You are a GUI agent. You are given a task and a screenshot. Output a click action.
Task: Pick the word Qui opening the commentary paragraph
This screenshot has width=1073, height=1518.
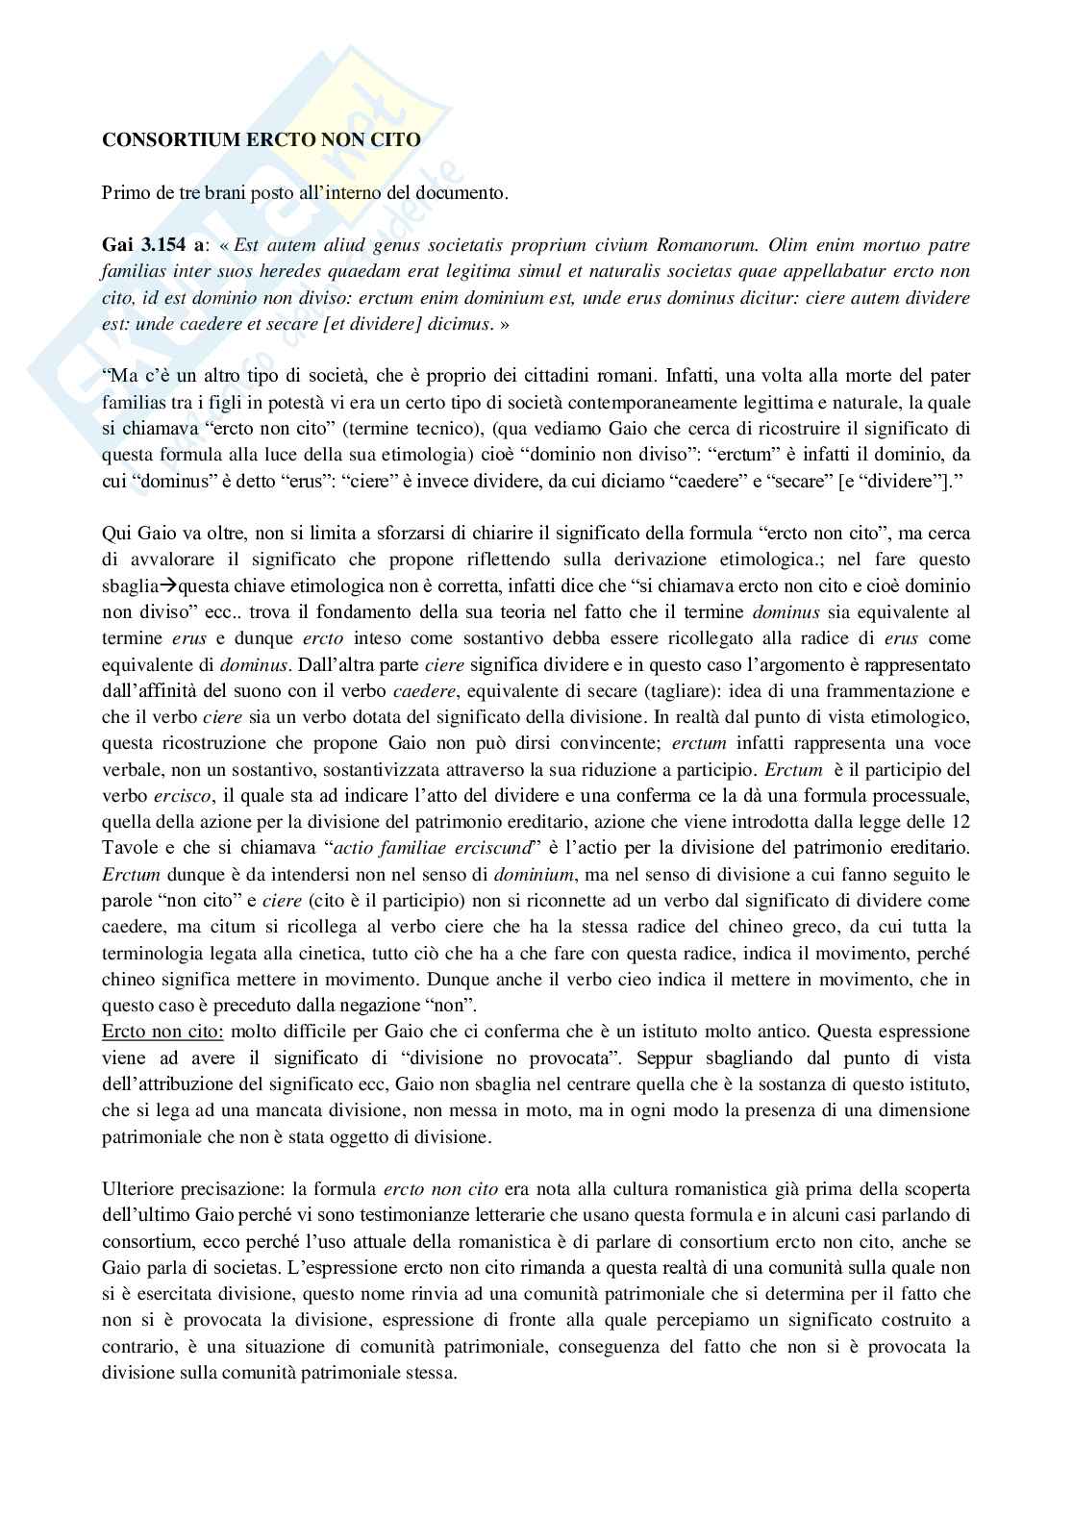click(114, 533)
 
